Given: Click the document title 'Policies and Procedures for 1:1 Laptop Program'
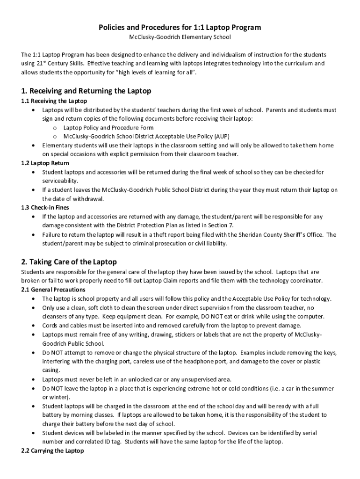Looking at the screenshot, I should pos(180,28).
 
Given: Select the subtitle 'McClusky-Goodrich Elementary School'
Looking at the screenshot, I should pos(180,36).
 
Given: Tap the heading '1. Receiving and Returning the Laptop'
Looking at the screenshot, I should pos(86,91).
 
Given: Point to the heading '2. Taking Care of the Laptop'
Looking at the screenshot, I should pos(69,261).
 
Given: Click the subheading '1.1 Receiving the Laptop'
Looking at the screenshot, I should pos(54,101).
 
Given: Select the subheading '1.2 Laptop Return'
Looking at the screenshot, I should pos(45,163).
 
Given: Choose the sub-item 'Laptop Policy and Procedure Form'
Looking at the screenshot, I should pos(108,128).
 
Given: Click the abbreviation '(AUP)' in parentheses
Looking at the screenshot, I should pos(222,137).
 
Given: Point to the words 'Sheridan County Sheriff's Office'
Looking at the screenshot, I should pos(281,234).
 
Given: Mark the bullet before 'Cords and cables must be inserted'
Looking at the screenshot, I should pos(33,326).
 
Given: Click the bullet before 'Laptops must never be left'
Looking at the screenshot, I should pos(33,379).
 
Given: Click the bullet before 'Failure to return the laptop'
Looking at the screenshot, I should pos(33,235).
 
